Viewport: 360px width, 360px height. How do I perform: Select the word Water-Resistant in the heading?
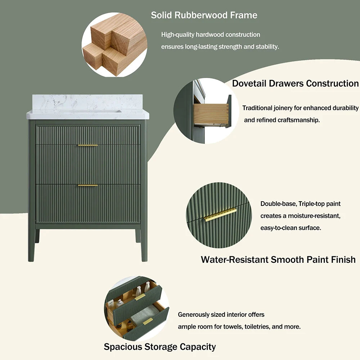pos(235,260)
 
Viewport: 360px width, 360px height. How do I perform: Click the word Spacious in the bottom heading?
pos(122,347)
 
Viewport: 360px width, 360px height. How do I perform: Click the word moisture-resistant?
pos(314,216)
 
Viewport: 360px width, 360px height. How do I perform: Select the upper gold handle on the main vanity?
pos(88,145)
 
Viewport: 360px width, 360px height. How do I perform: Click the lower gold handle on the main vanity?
pos(88,185)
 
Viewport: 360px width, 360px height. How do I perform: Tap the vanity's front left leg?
pos(31,244)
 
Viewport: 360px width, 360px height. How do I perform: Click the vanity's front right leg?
pos(144,244)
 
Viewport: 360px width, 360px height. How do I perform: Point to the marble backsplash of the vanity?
pos(87,102)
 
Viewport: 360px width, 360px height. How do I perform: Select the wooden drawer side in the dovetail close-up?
pos(211,114)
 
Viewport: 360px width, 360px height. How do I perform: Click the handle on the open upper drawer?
pos(140,297)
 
